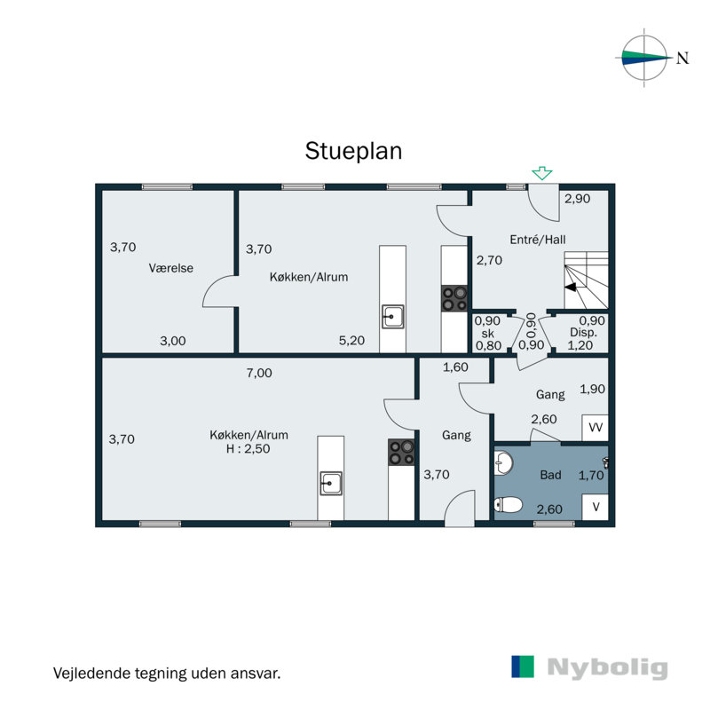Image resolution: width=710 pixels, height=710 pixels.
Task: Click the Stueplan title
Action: tap(354, 150)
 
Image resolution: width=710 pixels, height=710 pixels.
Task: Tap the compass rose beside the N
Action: tap(644, 59)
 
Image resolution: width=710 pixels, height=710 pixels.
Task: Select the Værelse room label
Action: tap(171, 268)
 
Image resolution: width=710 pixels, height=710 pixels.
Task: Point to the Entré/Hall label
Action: tap(538, 240)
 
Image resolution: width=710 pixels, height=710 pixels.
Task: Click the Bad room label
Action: tap(551, 475)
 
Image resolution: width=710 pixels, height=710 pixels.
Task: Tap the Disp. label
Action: tap(583, 333)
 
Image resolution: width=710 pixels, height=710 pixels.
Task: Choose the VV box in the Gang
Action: tap(596, 428)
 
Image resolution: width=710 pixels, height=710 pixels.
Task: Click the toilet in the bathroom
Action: tap(509, 506)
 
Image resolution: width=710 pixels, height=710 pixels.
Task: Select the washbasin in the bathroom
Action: tap(503, 462)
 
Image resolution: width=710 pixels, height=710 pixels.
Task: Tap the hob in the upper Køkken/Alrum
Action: tap(455, 297)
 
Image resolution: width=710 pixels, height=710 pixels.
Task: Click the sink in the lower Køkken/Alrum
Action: tap(331, 483)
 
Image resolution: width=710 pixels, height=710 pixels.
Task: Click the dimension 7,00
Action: tap(259, 374)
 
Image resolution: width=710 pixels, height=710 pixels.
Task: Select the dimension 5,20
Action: tap(352, 340)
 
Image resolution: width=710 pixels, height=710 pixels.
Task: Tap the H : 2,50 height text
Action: tap(248, 449)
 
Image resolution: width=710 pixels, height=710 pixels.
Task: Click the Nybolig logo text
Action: tap(607, 668)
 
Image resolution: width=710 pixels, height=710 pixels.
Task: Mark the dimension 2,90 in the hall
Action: tap(577, 199)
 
